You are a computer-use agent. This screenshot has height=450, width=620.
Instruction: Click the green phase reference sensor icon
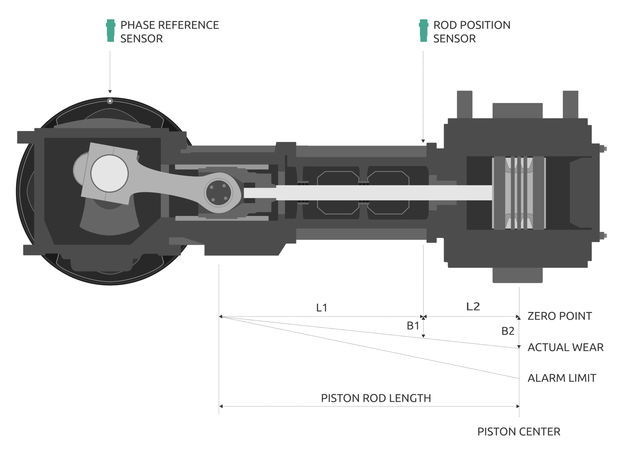click(110, 31)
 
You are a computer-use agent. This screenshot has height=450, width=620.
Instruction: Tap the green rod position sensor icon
click(424, 31)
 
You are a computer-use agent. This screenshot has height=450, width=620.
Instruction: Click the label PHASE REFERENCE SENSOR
click(169, 32)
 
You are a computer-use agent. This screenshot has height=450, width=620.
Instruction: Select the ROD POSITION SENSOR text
click(471, 32)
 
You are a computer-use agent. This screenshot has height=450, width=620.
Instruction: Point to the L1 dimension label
click(322, 308)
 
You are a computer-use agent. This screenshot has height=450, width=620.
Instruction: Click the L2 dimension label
click(473, 307)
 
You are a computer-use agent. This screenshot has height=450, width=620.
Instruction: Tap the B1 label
click(413, 326)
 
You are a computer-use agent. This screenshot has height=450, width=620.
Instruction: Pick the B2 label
click(508, 331)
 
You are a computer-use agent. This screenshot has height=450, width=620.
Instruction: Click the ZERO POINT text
click(559, 316)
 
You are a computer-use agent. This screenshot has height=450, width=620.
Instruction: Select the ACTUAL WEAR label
click(565, 347)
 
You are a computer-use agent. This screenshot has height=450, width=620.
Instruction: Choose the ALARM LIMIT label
click(562, 378)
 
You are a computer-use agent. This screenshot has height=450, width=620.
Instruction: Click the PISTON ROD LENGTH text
click(376, 398)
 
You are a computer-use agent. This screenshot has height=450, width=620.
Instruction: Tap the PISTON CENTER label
click(519, 432)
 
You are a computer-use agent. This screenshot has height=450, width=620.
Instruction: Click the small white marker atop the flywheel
click(110, 101)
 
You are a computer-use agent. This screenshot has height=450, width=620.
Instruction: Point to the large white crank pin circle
click(110, 173)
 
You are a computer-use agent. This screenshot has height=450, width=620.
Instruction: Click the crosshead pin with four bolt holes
click(218, 193)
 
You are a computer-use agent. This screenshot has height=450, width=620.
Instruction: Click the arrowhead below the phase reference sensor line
click(110, 91)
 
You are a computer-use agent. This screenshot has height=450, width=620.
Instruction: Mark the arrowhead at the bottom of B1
click(423, 336)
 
